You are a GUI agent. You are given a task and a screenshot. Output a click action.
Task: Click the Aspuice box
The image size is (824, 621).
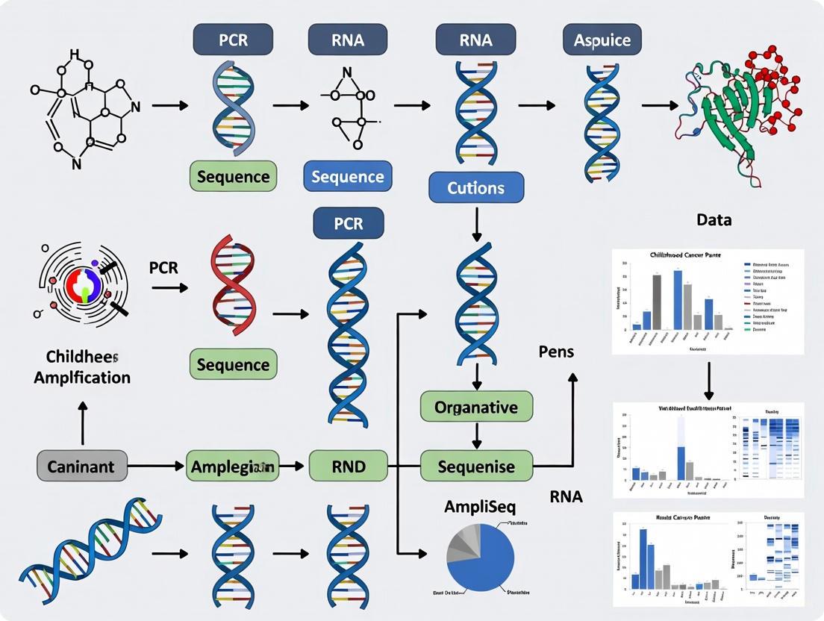pos(602,40)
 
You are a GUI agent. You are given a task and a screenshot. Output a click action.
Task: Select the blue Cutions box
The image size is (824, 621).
pos(476,187)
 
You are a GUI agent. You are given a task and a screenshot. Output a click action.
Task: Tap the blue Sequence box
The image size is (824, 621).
pos(347,177)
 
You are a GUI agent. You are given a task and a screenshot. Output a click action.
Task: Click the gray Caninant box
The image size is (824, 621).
pos(81,466)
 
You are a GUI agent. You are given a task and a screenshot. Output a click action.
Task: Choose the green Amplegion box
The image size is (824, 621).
pos(232,466)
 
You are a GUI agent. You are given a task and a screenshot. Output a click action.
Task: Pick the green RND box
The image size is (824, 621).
pos(349,466)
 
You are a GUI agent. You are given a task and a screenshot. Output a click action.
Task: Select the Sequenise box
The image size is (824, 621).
pos(477,466)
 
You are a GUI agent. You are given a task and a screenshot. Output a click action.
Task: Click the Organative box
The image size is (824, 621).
pos(476,408)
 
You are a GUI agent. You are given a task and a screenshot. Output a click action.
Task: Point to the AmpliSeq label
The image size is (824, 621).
pos(481,506)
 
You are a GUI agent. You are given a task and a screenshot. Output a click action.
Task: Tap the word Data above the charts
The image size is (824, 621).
pos(714,220)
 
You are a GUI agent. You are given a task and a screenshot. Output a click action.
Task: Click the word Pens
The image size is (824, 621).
pos(556,350)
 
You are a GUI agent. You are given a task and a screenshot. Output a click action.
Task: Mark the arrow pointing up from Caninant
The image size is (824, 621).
pos(82,422)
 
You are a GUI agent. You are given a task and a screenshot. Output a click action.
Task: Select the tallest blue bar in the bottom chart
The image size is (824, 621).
pos(643,558)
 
